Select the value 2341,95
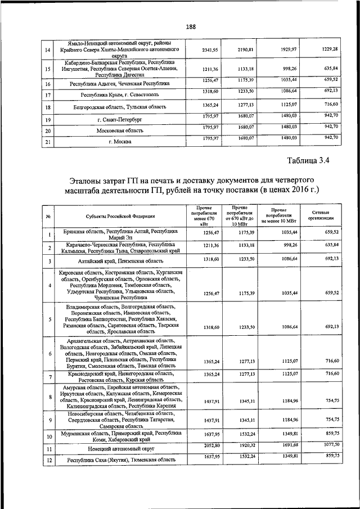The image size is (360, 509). pos(210,51)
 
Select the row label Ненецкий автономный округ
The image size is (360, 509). pos(123,449)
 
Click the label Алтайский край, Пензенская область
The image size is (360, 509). pos(123,262)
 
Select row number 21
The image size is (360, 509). pos(48,142)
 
